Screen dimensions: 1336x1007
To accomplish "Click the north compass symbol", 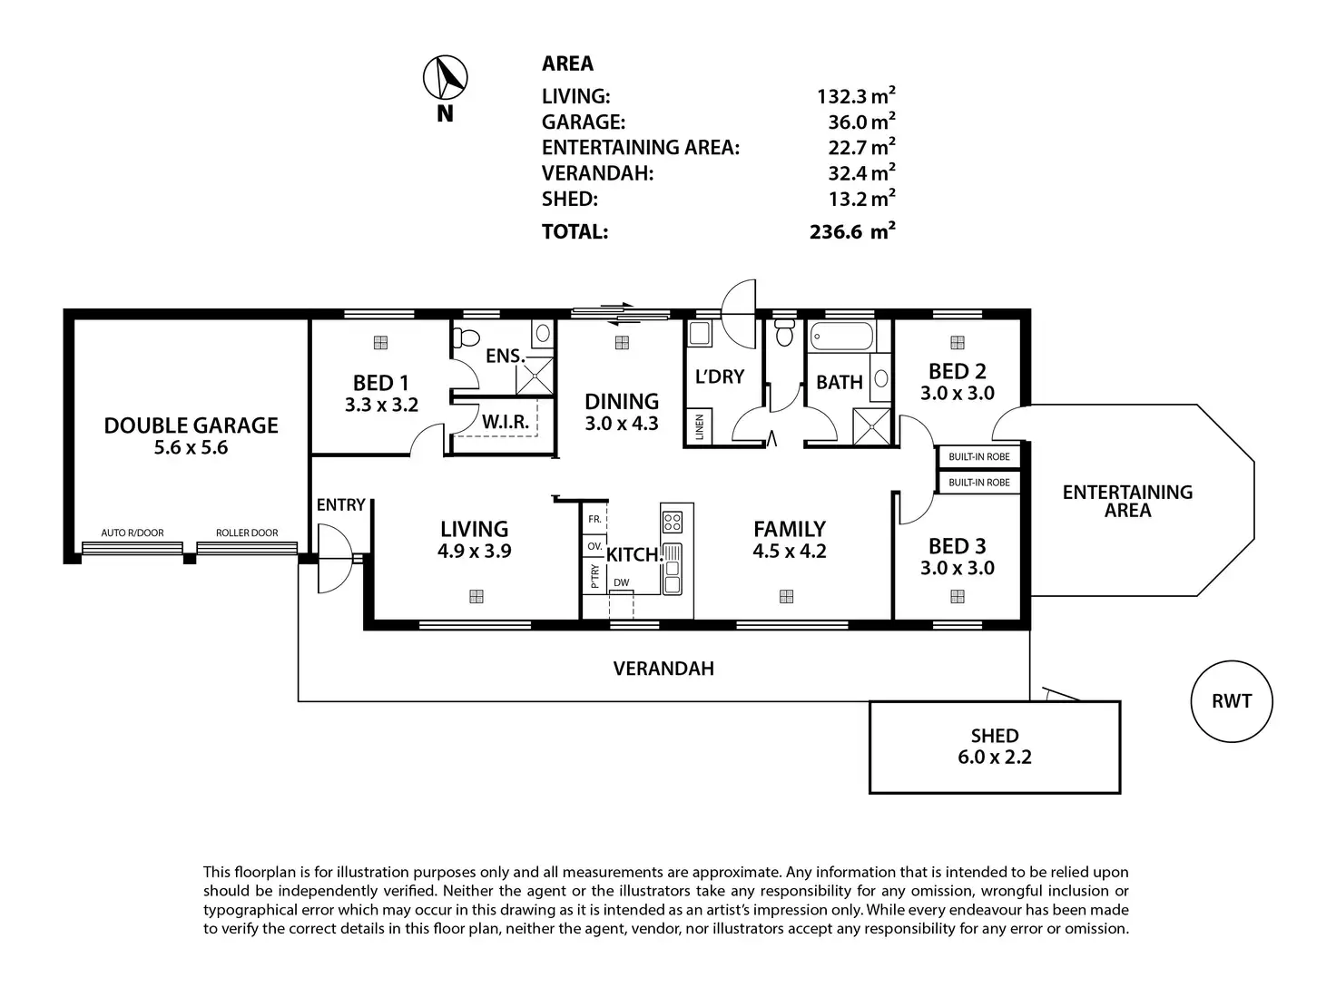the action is click(446, 78).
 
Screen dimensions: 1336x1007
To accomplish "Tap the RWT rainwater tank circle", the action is click(1231, 701).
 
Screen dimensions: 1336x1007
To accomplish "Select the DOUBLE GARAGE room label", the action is click(191, 425).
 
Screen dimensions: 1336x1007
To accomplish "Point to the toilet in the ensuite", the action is click(467, 338).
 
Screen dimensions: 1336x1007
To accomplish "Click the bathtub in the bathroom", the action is click(841, 337).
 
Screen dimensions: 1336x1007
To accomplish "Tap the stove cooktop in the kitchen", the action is click(673, 522).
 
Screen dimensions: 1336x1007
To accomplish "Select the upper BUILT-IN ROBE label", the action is click(978, 457).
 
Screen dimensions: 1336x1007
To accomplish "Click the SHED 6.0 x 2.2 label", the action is click(995, 747).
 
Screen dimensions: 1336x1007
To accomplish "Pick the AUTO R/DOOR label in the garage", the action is click(133, 533).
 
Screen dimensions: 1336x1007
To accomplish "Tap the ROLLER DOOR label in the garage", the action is click(247, 533).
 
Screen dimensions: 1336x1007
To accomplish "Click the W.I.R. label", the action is click(506, 423).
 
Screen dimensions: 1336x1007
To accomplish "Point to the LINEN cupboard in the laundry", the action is click(700, 426).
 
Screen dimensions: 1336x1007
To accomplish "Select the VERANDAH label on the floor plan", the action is click(663, 669).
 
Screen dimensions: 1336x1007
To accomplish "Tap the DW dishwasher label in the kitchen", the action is click(621, 583).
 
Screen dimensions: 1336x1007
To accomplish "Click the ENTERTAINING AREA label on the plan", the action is click(1127, 501).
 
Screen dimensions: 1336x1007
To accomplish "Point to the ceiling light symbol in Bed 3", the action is click(957, 597).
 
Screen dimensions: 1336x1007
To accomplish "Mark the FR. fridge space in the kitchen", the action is click(594, 520).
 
